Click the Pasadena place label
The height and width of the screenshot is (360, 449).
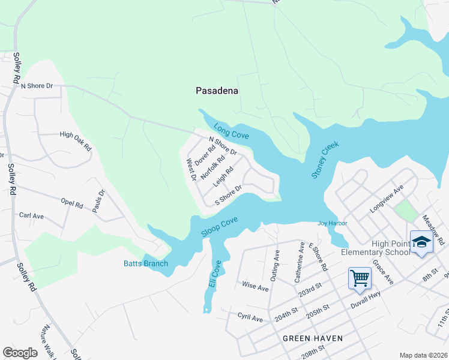click(x=217, y=91)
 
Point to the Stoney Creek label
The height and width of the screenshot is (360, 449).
click(x=325, y=160)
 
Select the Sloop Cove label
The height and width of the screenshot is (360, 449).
click(x=220, y=227)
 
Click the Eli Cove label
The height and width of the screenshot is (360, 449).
click(x=216, y=274)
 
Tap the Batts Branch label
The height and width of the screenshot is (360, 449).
click(x=146, y=263)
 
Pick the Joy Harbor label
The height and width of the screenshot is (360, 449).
click(x=333, y=224)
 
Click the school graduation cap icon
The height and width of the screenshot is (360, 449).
click(x=421, y=242)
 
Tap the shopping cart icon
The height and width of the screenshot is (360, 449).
click(x=360, y=278)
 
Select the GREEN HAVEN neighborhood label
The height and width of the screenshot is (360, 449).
click(x=313, y=338)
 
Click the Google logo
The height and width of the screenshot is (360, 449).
click(x=20, y=353)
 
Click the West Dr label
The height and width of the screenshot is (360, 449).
click(x=191, y=170)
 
